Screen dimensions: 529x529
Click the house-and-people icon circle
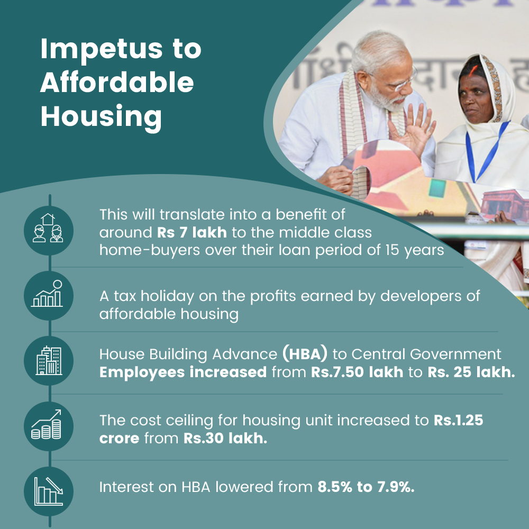tap(49, 231)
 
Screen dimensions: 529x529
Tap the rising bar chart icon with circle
tap(49, 296)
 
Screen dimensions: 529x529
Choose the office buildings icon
tap(49, 361)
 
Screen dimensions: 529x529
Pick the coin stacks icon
tap(49, 426)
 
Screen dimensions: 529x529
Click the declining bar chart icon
tap(49, 491)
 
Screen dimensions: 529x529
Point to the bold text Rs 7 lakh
tap(191, 232)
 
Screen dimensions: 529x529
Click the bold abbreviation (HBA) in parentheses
tap(305, 353)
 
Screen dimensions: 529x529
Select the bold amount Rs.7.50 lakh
tap(357, 372)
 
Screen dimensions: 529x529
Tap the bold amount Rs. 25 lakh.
tap(471, 372)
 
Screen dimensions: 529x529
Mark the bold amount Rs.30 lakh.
tap(225, 438)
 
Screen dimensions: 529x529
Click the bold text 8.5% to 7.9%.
tap(366, 487)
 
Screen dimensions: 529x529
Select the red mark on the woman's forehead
tap(472, 71)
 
